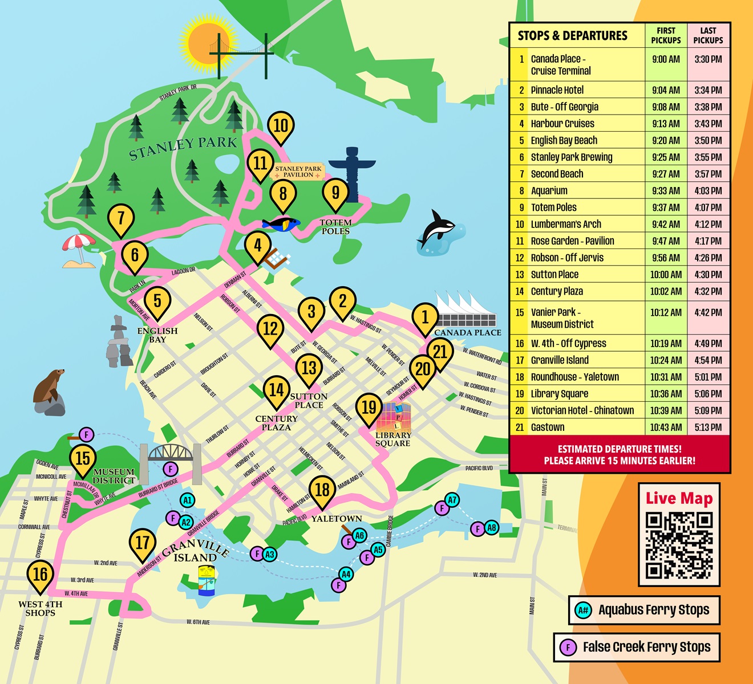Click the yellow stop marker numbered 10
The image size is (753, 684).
click(x=281, y=126)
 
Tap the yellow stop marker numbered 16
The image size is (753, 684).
click(x=40, y=575)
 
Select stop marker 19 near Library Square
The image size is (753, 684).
click(x=369, y=408)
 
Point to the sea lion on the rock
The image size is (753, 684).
click(x=49, y=390)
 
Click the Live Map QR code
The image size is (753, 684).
click(x=679, y=545)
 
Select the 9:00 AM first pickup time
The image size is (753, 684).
click(x=666, y=59)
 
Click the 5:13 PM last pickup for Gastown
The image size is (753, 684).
click(x=708, y=427)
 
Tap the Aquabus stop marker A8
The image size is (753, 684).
click(x=492, y=528)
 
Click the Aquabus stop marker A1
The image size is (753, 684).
click(x=187, y=500)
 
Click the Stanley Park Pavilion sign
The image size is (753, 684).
click(x=298, y=172)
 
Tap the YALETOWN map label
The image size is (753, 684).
click(x=336, y=519)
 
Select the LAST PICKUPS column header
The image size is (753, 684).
click(x=708, y=35)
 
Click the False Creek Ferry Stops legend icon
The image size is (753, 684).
click(x=567, y=648)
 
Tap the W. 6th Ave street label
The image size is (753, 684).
click(x=198, y=622)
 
